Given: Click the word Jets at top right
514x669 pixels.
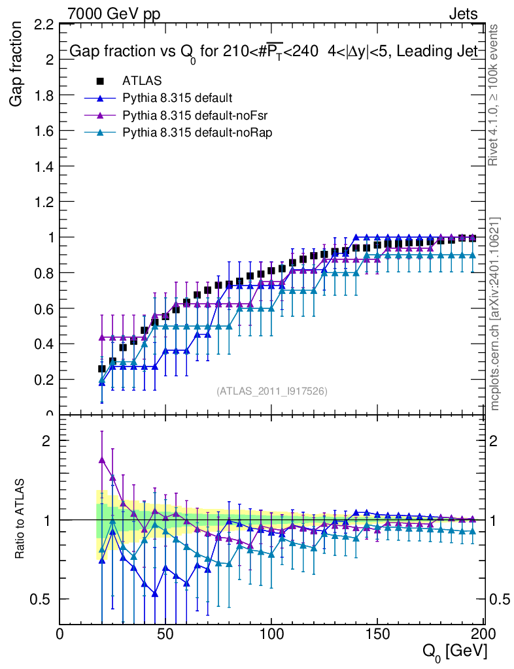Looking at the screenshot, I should pyautogui.click(x=463, y=14).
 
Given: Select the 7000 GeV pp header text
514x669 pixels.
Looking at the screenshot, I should pyautogui.click(x=114, y=14).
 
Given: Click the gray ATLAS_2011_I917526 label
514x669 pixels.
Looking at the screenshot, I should pyautogui.click(x=271, y=391).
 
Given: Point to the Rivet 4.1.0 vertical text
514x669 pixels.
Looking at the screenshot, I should pyautogui.click(x=495, y=95).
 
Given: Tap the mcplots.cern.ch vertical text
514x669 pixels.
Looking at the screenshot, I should pyautogui.click(x=495, y=314).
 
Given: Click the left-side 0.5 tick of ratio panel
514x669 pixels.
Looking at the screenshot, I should pyautogui.click(x=43, y=599).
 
